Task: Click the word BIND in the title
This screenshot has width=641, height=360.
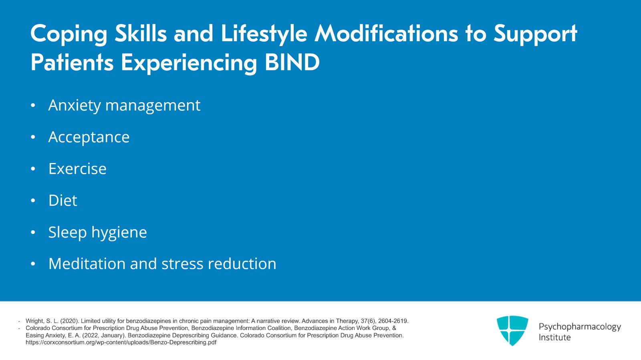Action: [x=292, y=62]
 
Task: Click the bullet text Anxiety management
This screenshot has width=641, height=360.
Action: [x=124, y=106]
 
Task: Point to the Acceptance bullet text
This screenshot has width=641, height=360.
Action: [x=89, y=137]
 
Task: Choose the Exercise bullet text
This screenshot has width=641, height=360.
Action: [x=77, y=169]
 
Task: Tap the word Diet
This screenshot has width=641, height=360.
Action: [x=62, y=200]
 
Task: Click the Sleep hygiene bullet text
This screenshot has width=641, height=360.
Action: [x=98, y=233]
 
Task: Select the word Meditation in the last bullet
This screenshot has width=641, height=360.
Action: [x=87, y=263]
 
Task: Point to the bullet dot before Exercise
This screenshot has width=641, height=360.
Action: [x=33, y=169]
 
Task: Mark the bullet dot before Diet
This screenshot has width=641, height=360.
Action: [x=33, y=201]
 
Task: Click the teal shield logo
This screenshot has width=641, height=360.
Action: [x=512, y=330]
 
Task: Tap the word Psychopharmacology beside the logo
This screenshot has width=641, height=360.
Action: [x=580, y=327]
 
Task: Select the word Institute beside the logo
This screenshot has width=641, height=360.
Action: [x=554, y=338]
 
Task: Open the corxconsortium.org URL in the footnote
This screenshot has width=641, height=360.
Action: [x=121, y=342]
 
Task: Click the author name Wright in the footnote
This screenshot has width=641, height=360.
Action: [x=34, y=321]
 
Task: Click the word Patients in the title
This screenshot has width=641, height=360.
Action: [x=72, y=62]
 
